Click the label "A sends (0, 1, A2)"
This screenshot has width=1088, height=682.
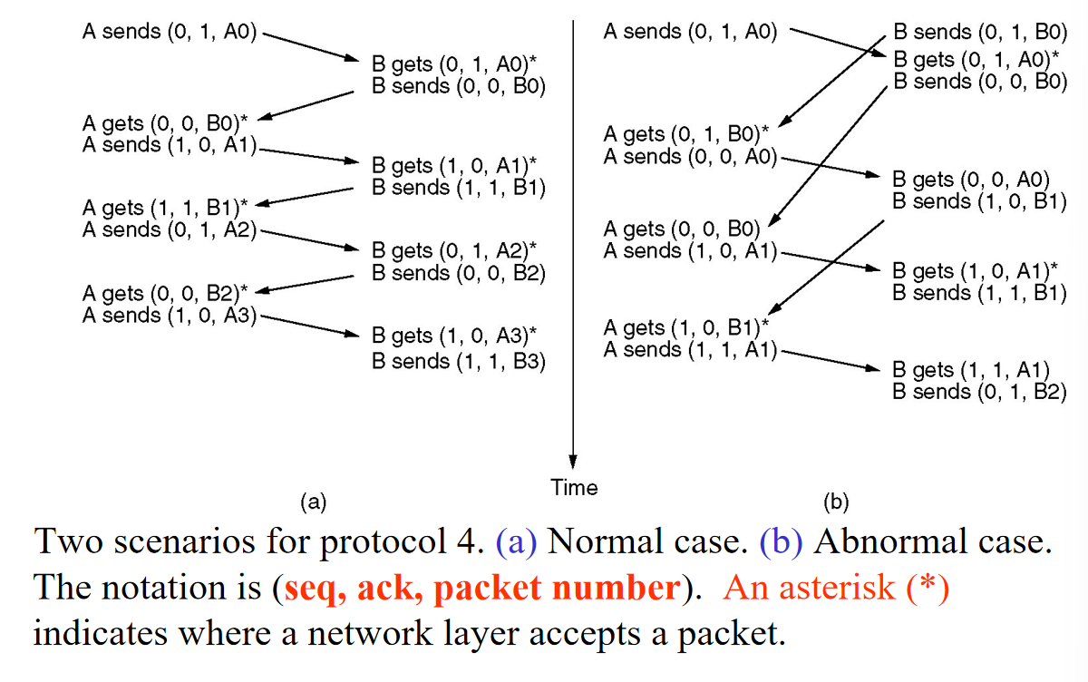point(170,229)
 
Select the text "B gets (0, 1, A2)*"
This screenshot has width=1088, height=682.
point(454,250)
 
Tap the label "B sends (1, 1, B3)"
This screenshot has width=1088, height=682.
point(459,361)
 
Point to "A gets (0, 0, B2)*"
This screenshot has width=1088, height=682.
point(165,293)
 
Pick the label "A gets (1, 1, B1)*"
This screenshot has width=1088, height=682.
point(165,208)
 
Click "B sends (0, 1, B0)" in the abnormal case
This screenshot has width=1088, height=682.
point(980,32)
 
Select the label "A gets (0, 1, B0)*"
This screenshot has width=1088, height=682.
point(686,133)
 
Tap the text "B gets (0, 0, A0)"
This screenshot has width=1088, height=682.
point(971,180)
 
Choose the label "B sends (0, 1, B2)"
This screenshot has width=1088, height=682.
point(980,392)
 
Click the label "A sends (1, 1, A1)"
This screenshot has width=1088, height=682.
point(690,349)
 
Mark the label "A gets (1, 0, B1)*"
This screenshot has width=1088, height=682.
point(686,327)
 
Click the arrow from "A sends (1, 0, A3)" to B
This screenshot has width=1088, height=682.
point(310,326)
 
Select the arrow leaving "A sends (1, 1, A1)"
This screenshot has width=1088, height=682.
point(831,360)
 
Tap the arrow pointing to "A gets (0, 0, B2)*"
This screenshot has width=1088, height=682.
point(305,284)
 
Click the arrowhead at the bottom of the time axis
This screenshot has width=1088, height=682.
point(573,463)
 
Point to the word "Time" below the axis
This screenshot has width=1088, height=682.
point(574,487)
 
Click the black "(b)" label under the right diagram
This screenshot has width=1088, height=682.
point(836,502)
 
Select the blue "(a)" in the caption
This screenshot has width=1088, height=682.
point(516,542)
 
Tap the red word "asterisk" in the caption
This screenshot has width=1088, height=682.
point(838,588)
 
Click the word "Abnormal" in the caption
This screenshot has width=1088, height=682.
point(890,541)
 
